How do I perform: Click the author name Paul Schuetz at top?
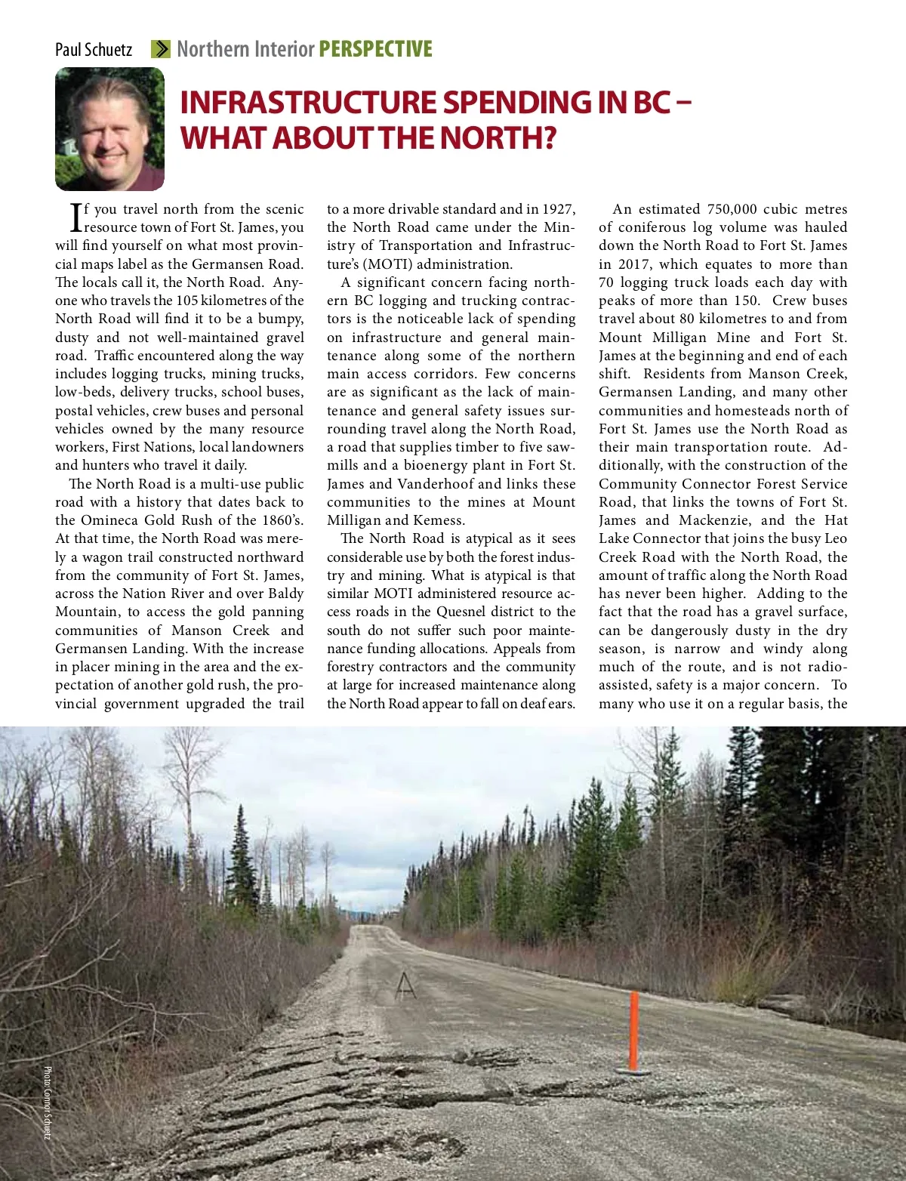point(94,50)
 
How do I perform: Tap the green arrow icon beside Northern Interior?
point(160,49)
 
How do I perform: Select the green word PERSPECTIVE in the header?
point(375,49)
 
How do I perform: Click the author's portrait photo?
point(109,128)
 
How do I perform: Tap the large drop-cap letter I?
point(75,217)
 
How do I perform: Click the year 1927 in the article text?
point(559,209)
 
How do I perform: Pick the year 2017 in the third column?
point(634,264)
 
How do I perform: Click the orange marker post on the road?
point(634,1031)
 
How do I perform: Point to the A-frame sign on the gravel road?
point(405,985)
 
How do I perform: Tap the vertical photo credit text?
point(47,1102)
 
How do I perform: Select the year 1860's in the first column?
point(277,520)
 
